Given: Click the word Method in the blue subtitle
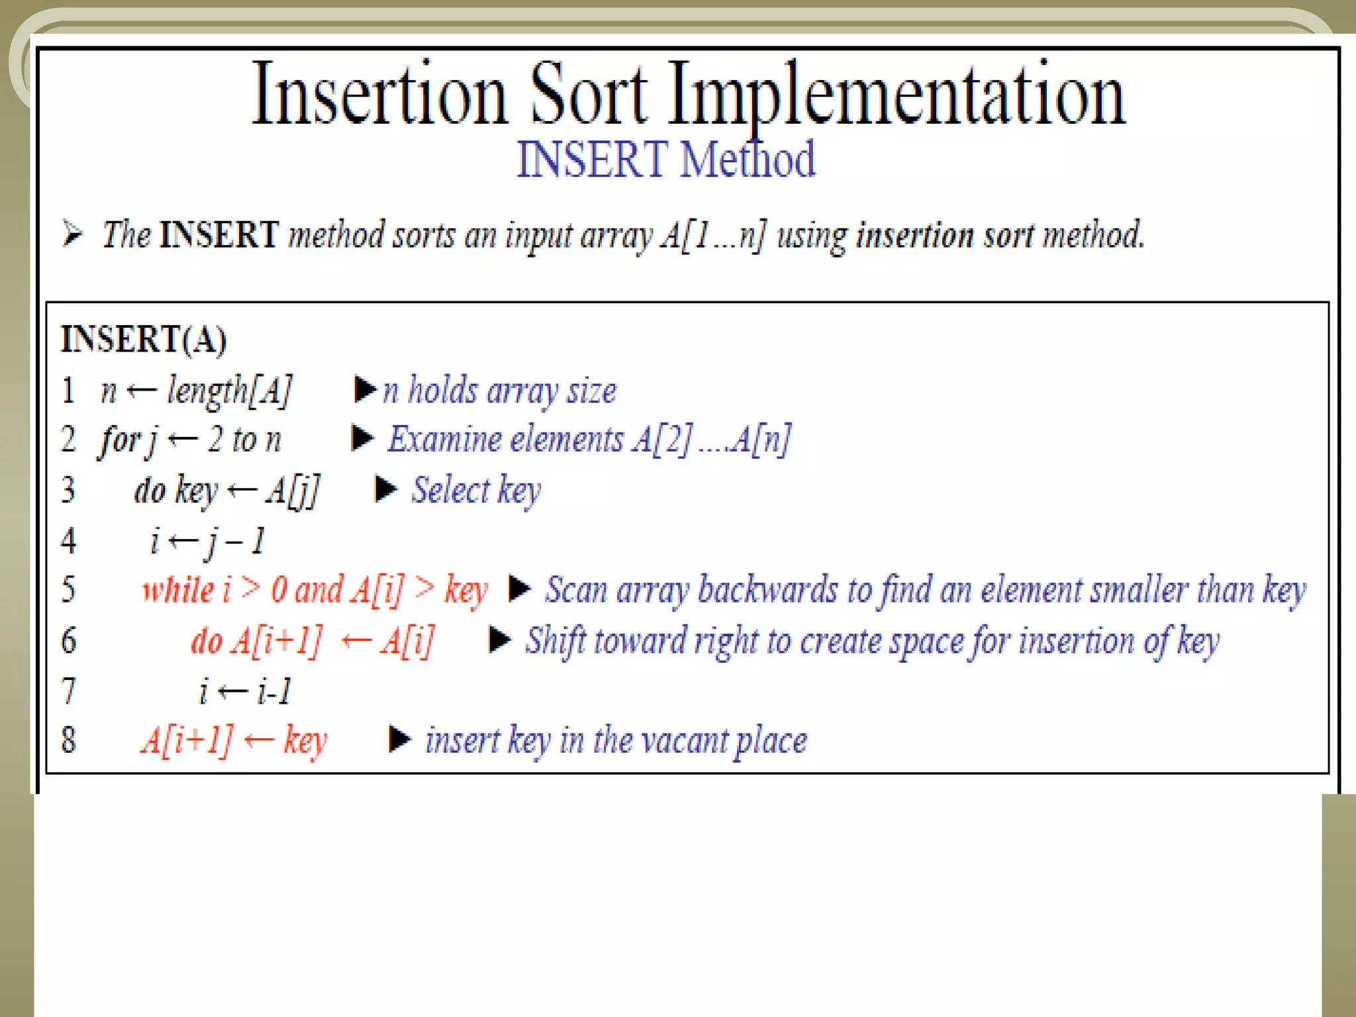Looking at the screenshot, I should tap(748, 160).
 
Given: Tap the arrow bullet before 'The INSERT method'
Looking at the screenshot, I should tap(72, 234).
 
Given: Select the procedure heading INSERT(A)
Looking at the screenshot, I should tap(144, 340).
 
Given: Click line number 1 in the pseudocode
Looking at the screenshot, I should tap(68, 390).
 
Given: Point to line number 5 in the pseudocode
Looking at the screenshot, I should tap(68, 589).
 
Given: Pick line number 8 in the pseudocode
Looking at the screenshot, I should tap(68, 740).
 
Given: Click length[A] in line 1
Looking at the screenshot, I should tap(229, 390).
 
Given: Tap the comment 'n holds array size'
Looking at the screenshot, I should tap(500, 390).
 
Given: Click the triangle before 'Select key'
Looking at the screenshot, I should tap(386, 490).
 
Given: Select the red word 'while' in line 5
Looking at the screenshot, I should tap(178, 589).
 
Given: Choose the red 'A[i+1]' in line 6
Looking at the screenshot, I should tap(276, 641).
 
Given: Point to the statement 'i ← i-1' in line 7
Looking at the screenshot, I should tap(245, 692).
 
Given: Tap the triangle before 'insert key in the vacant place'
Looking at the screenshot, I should tap(400, 740).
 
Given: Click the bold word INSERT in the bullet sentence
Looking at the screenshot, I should tap(218, 234).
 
